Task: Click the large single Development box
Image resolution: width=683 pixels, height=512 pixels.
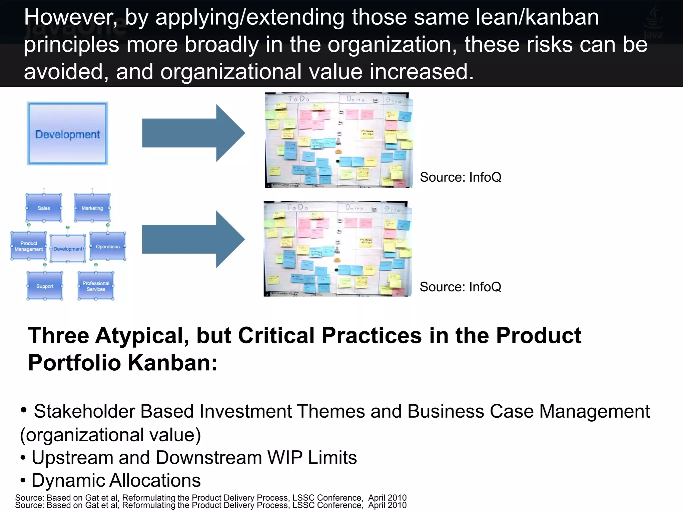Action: click(x=67, y=133)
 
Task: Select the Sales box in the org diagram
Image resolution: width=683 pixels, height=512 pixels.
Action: click(x=44, y=208)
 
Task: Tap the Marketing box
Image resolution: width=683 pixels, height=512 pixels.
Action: click(x=92, y=208)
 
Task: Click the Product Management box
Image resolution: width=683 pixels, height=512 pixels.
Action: click(x=29, y=246)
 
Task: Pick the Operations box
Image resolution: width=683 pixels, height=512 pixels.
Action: click(x=108, y=247)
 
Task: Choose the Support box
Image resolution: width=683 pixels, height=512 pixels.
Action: click(x=45, y=286)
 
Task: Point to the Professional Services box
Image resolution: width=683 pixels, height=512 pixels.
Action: click(x=96, y=286)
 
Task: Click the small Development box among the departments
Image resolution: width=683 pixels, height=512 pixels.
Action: click(x=68, y=249)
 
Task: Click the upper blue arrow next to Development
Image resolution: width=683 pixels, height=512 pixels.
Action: click(x=193, y=133)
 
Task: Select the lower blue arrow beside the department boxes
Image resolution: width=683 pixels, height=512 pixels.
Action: click(x=193, y=239)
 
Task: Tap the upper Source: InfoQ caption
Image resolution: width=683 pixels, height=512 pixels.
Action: click(x=460, y=177)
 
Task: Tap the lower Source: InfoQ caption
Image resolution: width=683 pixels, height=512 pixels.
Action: click(x=460, y=287)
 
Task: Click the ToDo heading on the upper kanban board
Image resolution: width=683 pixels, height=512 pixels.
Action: click(x=298, y=99)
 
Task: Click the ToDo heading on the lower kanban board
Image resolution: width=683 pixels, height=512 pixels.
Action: click(x=297, y=208)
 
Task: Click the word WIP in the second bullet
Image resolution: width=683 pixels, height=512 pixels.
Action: click(x=285, y=458)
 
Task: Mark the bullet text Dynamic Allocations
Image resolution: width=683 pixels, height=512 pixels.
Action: click(x=116, y=480)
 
